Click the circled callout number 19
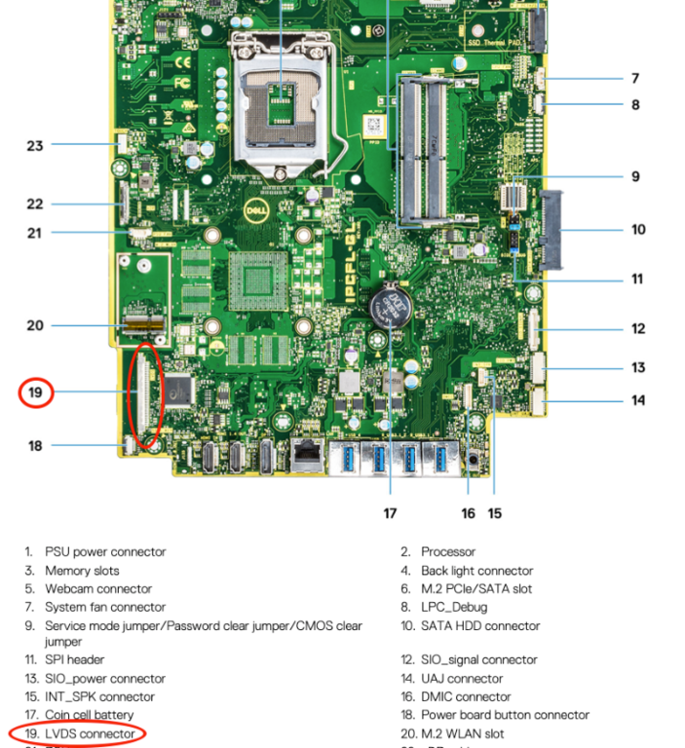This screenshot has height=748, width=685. [x=36, y=393]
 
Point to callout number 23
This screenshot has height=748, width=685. [x=35, y=145]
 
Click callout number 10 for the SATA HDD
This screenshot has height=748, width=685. [x=638, y=230]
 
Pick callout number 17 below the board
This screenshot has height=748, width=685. [x=391, y=513]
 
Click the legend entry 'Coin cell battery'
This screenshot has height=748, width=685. [x=90, y=715]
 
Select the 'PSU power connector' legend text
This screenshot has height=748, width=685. [x=105, y=552]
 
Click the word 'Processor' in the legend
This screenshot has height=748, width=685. [x=448, y=552]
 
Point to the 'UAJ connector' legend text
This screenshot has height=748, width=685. [x=462, y=679]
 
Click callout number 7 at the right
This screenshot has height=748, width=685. [x=634, y=78]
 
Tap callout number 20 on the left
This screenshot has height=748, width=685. [x=35, y=325]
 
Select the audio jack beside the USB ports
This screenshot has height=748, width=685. [x=473, y=458]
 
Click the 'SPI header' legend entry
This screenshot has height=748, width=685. [x=74, y=660]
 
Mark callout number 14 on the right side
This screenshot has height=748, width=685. [x=638, y=400]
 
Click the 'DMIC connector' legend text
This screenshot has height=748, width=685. [x=466, y=697]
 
